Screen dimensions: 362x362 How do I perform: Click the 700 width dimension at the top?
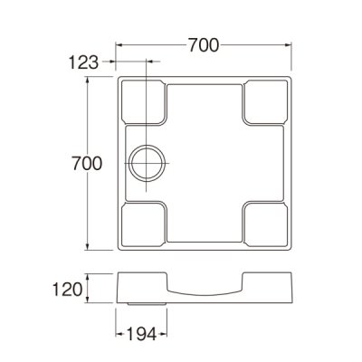coord(205,43)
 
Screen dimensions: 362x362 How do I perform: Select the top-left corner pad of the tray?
coord(141,101)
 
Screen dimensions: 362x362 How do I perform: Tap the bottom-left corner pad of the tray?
coord(141,225)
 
